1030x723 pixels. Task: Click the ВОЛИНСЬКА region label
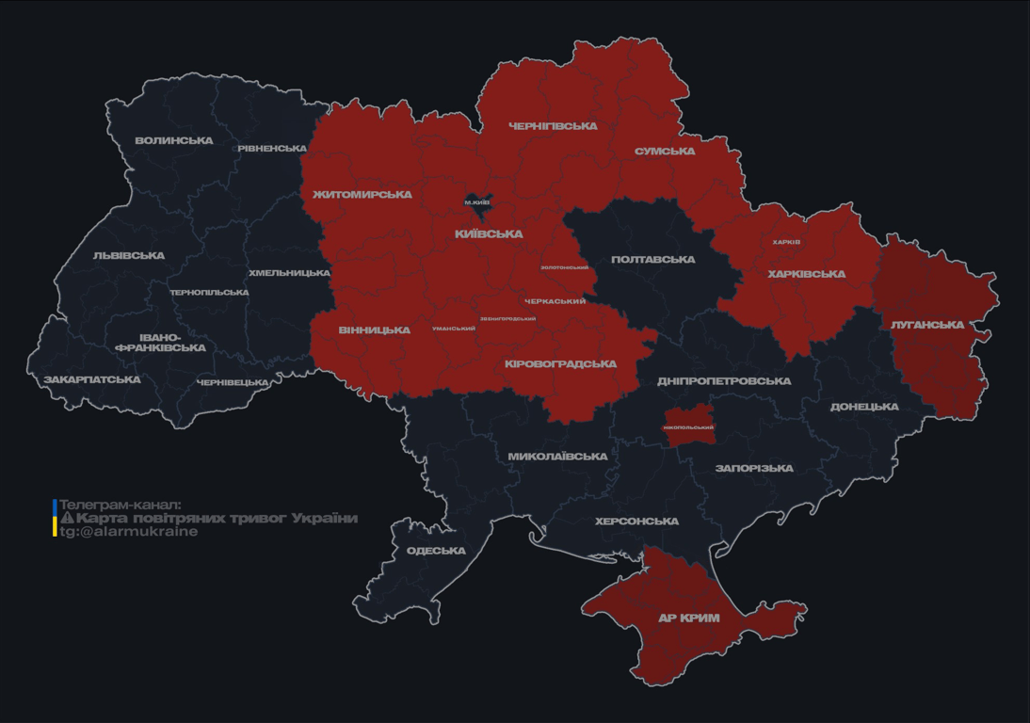(173, 141)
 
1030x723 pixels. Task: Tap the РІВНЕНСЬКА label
(272, 149)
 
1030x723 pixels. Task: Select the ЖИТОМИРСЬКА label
(362, 195)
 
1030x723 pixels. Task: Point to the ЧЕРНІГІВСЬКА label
(553, 126)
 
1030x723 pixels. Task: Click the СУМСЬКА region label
(665, 152)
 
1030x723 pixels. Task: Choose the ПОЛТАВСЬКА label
(652, 260)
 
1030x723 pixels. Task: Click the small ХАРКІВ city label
(786, 242)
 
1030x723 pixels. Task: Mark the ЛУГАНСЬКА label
(927, 325)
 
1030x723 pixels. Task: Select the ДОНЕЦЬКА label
(864, 407)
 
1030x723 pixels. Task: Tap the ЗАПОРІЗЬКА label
(754, 468)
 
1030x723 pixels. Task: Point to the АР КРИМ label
(688, 619)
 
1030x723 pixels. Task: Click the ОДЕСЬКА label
(436, 551)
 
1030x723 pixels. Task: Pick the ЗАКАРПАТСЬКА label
(91, 380)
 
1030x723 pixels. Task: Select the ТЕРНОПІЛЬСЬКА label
(209, 293)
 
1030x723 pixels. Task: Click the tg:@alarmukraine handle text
(129, 532)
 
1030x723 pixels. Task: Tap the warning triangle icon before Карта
(67, 518)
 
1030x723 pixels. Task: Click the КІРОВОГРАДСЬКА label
(561, 364)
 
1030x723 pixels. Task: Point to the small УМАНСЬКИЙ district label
(454, 329)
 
